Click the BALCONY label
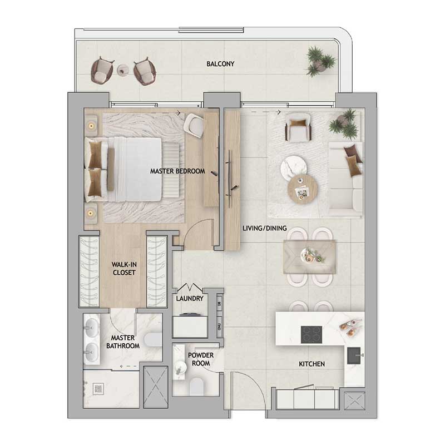tap(220, 64)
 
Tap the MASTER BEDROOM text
tap(177, 171)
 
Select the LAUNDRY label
tap(190, 299)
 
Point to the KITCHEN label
tap(311, 364)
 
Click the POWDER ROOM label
tap(201, 359)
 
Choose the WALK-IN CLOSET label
tap(124, 269)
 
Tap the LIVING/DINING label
tap(265, 228)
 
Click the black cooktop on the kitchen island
tap(311, 335)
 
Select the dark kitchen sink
tap(354, 355)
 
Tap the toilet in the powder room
tap(196, 386)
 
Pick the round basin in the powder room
tap(180, 367)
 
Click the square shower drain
tap(98, 389)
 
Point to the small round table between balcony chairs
tap(123, 70)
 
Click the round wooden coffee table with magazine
tap(303, 189)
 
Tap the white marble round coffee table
tap(294, 168)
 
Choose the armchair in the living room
tap(298, 127)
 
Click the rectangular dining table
tap(310, 257)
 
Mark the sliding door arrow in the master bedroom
tap(166, 113)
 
